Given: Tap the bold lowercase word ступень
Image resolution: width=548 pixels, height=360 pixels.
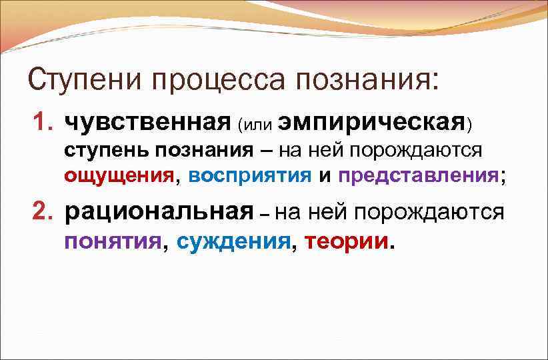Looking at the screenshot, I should point(107,150).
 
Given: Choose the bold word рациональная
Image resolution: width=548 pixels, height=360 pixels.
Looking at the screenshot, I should point(159,212).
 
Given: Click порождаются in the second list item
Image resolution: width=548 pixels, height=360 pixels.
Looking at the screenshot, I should point(428,212).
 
